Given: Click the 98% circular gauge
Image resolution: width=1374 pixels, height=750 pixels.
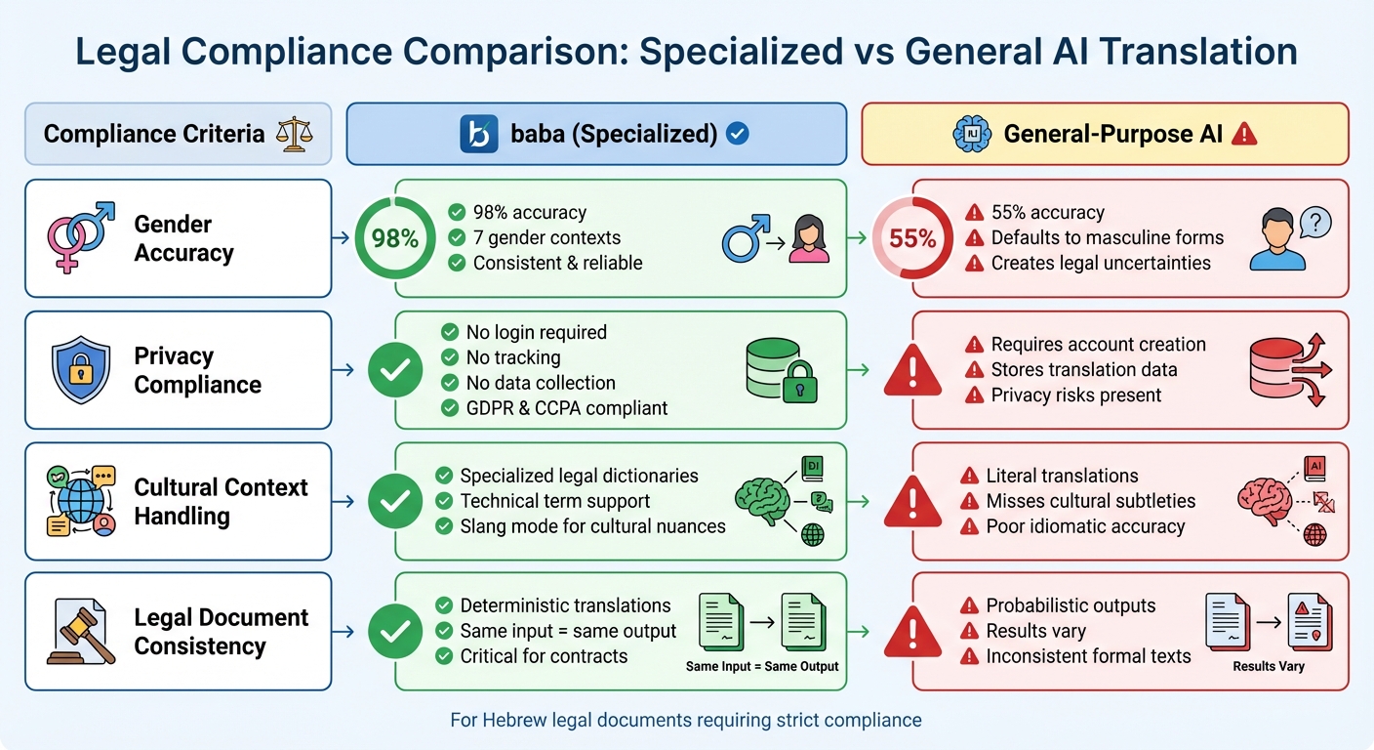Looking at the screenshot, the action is [395, 238].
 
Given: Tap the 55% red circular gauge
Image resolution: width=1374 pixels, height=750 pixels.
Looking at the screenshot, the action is [912, 238].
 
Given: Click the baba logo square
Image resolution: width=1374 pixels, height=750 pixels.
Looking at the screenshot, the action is [478, 134].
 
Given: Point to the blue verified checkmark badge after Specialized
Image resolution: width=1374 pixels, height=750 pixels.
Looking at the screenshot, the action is [739, 134].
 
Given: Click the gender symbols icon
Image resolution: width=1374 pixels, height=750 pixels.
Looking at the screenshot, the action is [81, 237].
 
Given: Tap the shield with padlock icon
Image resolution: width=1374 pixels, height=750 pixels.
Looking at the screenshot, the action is [81, 369].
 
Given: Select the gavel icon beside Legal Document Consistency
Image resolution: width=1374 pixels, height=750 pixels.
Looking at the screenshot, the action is [81, 631].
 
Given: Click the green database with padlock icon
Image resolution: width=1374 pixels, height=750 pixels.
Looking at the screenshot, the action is [780, 370].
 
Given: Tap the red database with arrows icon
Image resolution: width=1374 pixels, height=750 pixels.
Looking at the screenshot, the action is [1286, 370].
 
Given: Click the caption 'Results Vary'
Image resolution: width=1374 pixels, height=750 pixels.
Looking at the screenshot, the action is [1268, 666].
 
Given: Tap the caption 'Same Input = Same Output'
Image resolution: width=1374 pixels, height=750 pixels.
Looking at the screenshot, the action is [762, 666].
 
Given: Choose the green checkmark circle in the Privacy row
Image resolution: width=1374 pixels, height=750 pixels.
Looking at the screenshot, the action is [395, 369].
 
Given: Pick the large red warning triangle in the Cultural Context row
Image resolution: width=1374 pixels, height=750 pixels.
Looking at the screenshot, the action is [912, 501].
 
